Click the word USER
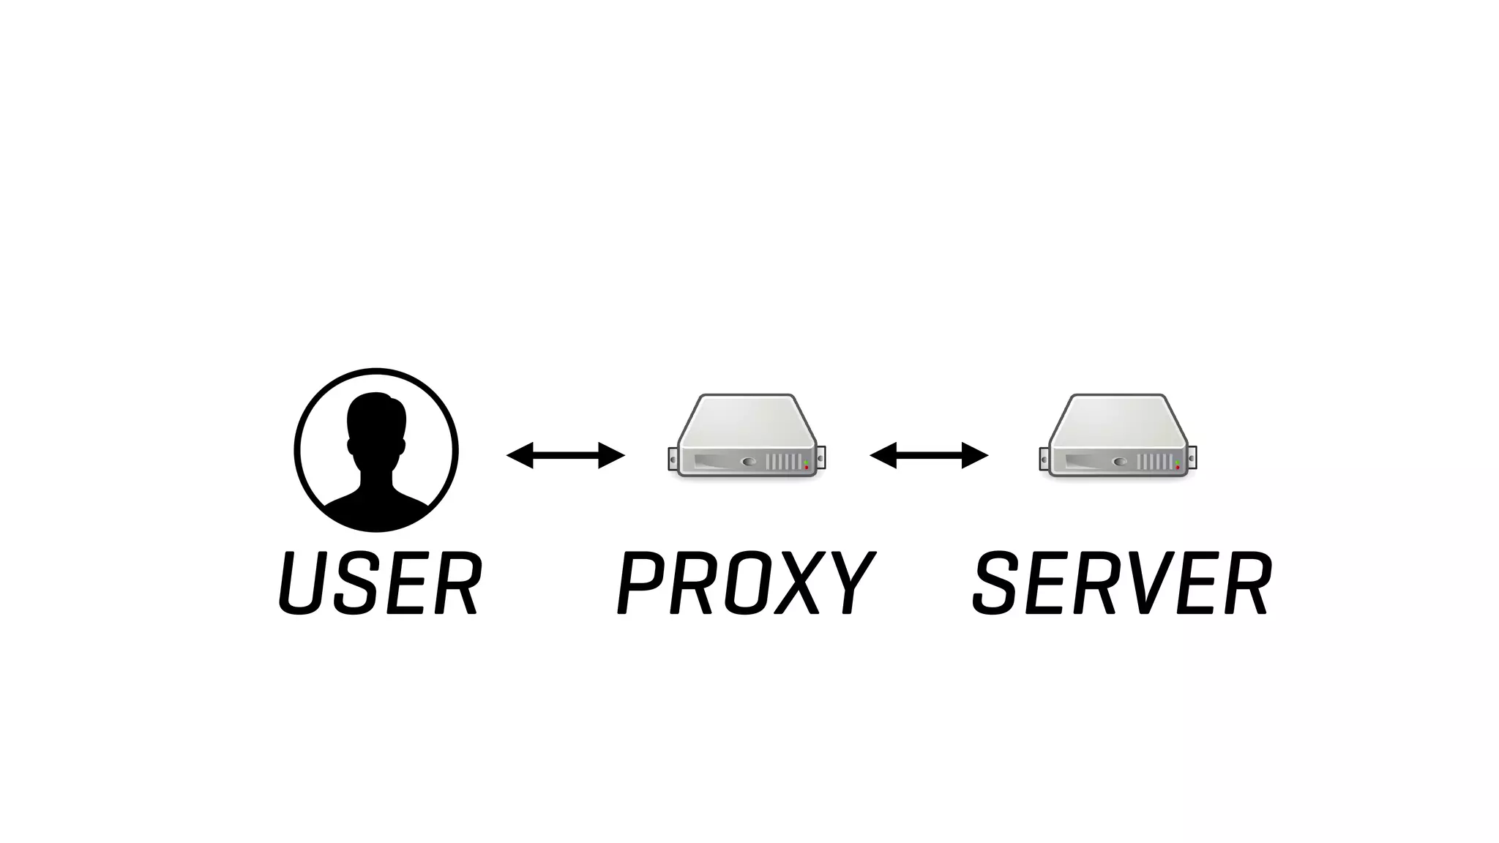(380, 583)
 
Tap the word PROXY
(746, 583)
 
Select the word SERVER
(1122, 583)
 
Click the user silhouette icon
(376, 450)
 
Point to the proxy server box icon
(747, 436)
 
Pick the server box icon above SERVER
(1118, 436)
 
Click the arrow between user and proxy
(566, 455)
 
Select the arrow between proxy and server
(929, 455)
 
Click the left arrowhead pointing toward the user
(518, 455)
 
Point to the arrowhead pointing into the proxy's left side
(613, 455)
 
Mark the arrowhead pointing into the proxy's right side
(881, 455)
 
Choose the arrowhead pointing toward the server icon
(976, 455)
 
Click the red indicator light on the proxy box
(807, 467)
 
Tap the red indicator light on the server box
(1178, 467)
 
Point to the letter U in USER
(302, 583)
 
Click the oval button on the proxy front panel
(748, 462)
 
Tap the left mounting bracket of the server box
(1044, 459)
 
